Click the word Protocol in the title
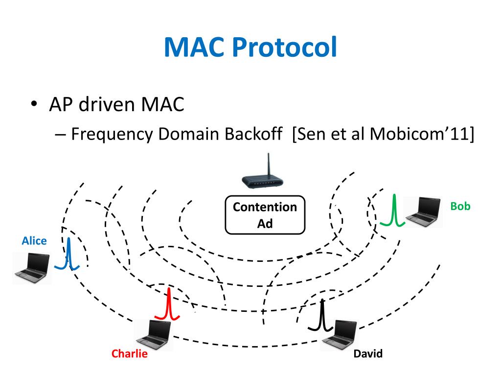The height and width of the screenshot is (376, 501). coord(284,47)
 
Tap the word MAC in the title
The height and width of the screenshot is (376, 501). coord(195,47)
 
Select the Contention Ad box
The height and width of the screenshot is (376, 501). coord(265,215)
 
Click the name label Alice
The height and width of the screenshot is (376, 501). coord(34,240)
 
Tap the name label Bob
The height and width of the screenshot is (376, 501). coord(460,206)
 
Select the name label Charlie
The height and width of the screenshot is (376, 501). coord(129,353)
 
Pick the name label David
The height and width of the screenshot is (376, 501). coord(368,353)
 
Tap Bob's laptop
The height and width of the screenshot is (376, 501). coord(424,211)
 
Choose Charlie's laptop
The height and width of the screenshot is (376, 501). coord(153,335)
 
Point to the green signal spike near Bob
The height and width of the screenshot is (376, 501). coord(394,211)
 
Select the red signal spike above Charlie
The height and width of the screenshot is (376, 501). coord(169,305)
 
